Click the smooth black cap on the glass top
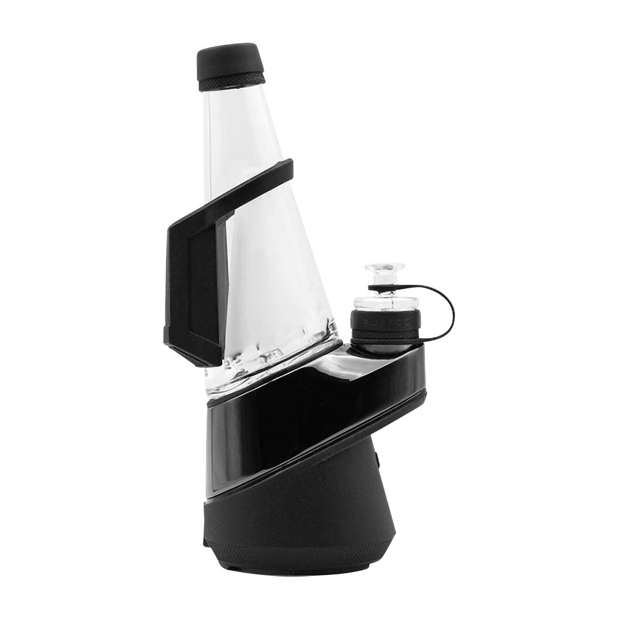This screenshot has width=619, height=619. coord(228,58)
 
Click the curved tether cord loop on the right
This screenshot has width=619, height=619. coord(449,309)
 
